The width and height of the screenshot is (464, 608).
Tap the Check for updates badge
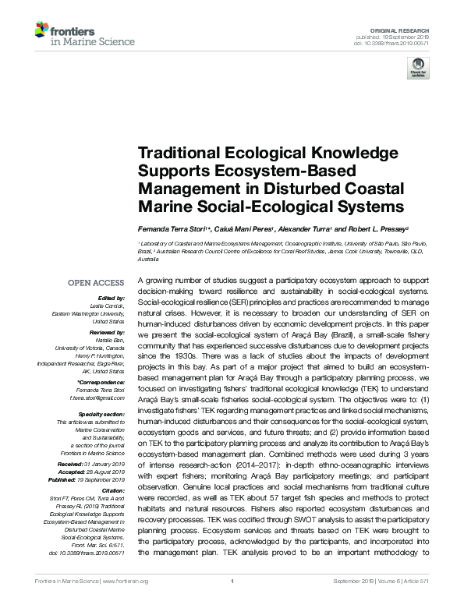[418, 70]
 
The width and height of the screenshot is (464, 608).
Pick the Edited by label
[112, 299]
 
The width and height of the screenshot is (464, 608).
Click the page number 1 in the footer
[232, 601]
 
